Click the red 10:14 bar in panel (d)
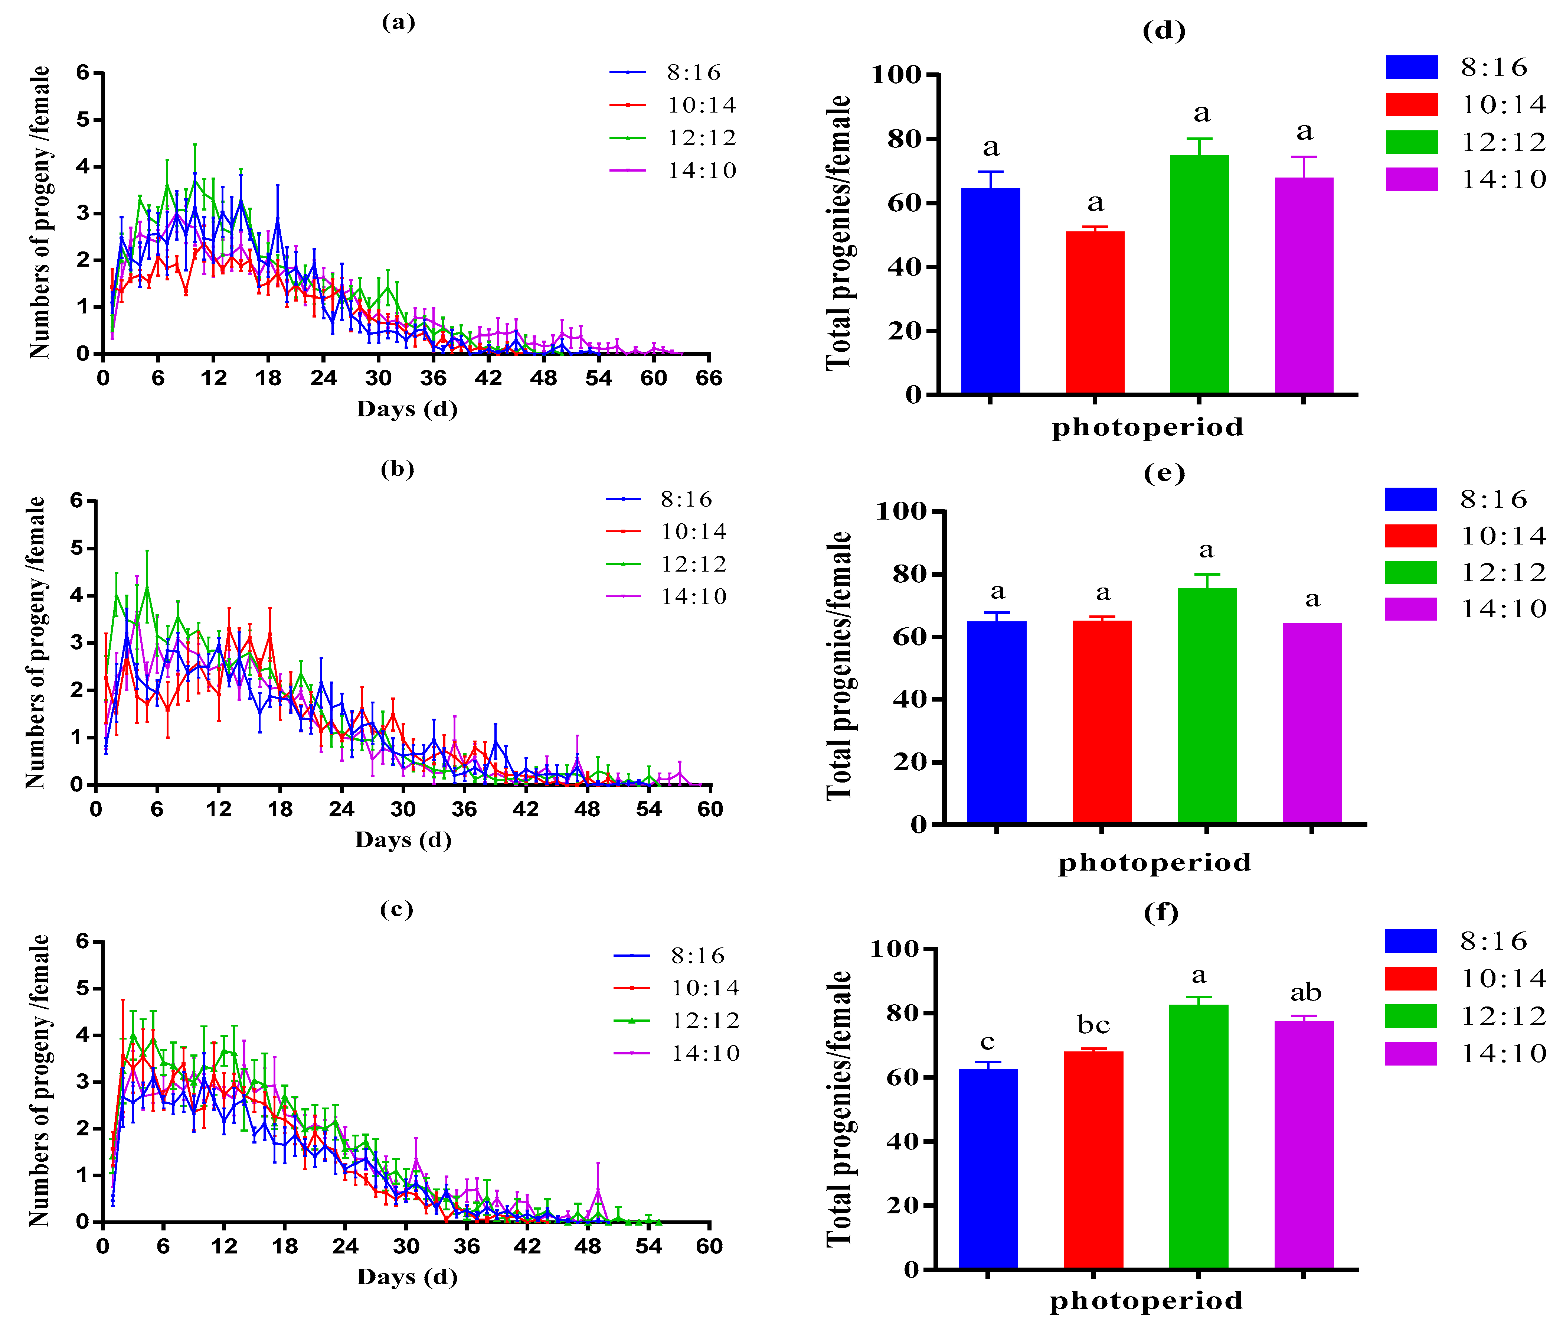click(x=1095, y=312)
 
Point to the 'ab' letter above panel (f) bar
click(x=1306, y=993)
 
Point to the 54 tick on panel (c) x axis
click(x=648, y=1246)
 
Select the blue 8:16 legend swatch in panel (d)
click(x=1411, y=67)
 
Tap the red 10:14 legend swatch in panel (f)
click(x=1410, y=978)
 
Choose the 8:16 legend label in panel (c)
click(x=698, y=956)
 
